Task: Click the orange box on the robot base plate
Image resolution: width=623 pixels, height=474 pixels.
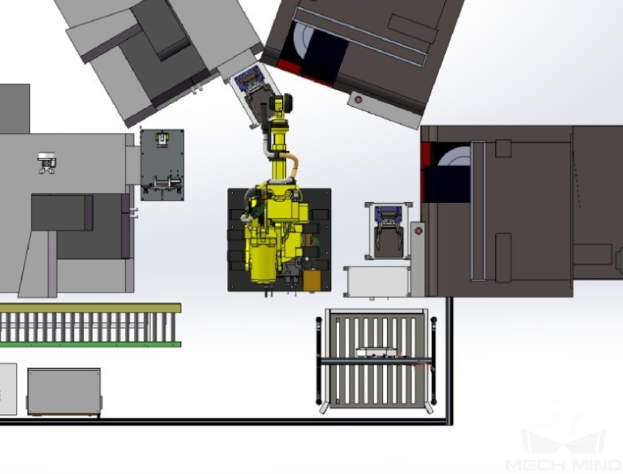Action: pos(311,280)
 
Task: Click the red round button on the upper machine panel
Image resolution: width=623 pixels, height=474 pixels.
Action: pos(358,99)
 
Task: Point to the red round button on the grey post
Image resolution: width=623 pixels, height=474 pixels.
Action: pos(418,231)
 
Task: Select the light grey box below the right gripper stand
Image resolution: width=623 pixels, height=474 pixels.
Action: pos(377,282)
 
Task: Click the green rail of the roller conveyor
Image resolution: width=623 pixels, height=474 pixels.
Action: pos(91,344)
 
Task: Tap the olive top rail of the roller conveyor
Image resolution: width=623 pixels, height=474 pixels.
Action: pos(91,309)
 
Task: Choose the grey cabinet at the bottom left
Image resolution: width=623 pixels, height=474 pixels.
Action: pos(64,391)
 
